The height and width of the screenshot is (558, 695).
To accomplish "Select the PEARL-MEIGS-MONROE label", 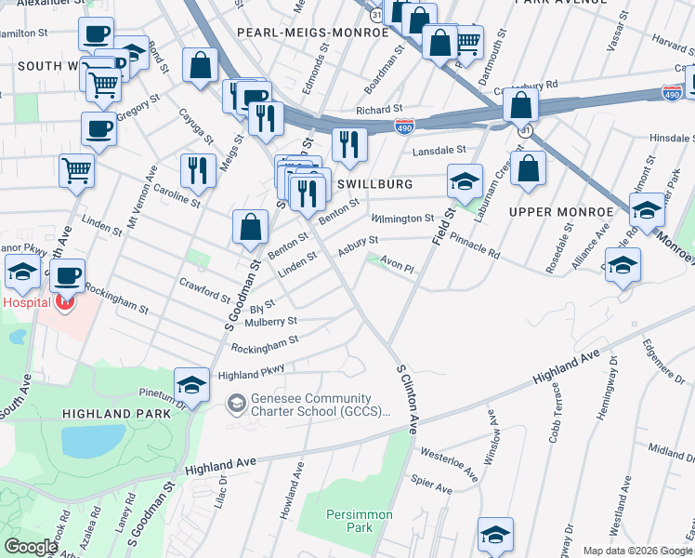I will [x=312, y=33].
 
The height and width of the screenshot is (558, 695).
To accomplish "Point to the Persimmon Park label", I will [x=348, y=521].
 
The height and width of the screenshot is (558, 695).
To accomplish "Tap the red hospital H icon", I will [x=65, y=301].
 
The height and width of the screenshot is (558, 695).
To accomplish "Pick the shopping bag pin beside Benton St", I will [x=250, y=226].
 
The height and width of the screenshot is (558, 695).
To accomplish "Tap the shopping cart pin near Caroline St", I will [x=76, y=170].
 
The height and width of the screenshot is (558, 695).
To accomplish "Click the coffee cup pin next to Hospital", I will [x=68, y=275].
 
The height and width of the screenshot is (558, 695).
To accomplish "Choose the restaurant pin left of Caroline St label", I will [x=196, y=170].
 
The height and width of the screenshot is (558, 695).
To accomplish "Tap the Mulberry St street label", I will [x=270, y=322].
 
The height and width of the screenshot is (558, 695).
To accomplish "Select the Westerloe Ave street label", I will [x=449, y=465].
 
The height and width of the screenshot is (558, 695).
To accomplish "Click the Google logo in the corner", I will [x=31, y=547].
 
